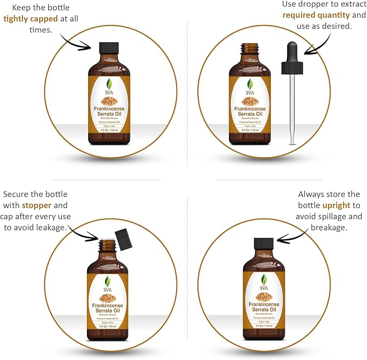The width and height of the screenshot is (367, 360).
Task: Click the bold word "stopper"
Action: pos(37,205)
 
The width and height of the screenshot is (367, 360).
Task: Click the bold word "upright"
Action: pos(339,206)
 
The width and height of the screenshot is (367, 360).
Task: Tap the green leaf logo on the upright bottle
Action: pos(264,280)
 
